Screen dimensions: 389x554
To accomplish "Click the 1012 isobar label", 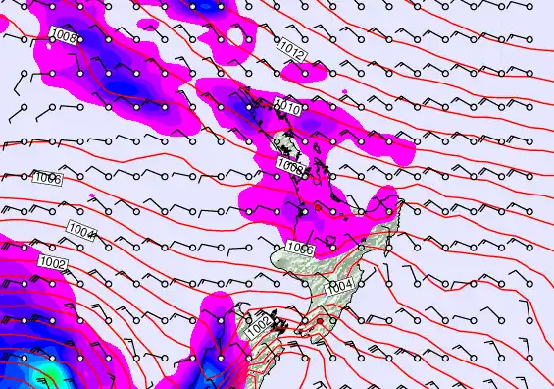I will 291,48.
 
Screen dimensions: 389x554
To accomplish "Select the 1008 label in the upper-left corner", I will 64,37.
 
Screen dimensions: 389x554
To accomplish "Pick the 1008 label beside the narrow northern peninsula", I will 290,164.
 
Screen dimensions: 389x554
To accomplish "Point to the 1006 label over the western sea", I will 48,178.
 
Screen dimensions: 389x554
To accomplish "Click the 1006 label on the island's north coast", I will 300,250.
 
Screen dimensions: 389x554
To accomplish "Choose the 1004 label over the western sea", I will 83,232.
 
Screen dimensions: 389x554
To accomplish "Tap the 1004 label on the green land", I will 341,285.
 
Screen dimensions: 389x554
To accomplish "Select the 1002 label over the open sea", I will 54,263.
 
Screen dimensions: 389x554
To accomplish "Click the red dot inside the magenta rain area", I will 318,208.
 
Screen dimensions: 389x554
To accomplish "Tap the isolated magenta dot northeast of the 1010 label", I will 345,92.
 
